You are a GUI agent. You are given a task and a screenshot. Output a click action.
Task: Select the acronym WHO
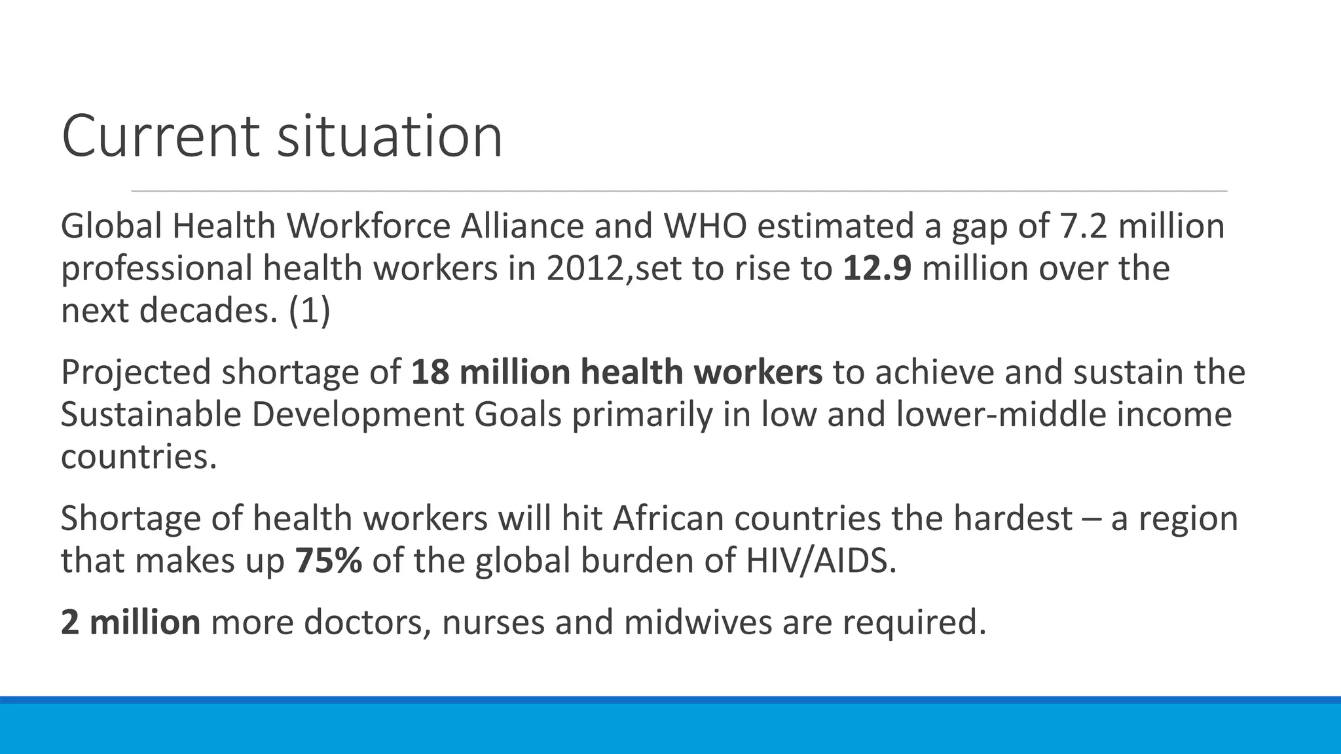pos(705,226)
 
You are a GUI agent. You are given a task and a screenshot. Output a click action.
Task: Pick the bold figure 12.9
pos(877,268)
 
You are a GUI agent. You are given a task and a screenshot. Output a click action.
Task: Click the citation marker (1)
pos(309,310)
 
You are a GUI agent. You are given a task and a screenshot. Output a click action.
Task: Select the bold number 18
pos(430,372)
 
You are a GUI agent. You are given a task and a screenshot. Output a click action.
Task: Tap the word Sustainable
pos(151,414)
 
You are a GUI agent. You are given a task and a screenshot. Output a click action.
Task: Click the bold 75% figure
pos(328,560)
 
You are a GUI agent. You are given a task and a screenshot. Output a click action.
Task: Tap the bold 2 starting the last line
pos(69,622)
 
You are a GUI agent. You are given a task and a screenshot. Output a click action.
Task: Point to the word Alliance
pos(522,226)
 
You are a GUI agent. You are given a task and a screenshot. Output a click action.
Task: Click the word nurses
pos(493,622)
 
